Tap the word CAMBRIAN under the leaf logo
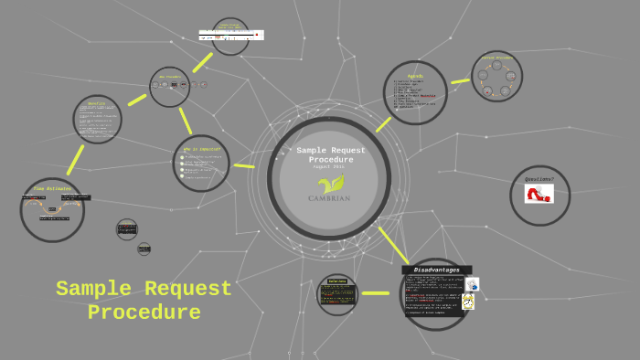(329, 198)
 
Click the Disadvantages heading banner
(437, 270)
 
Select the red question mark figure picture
(539, 194)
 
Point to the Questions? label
(539, 179)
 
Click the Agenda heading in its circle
(415, 76)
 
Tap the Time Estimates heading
(52, 188)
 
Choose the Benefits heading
(97, 103)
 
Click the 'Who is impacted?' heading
(201, 149)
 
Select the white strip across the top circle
(230, 35)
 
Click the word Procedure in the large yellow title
(144, 312)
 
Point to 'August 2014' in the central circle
(329, 167)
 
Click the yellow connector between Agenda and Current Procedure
(460, 81)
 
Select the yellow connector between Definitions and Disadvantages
(375, 293)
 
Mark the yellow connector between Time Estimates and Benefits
(75, 159)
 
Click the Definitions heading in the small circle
(337, 281)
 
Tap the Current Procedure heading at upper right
(496, 58)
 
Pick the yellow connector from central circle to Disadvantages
(393, 244)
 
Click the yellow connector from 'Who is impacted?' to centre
(244, 166)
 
